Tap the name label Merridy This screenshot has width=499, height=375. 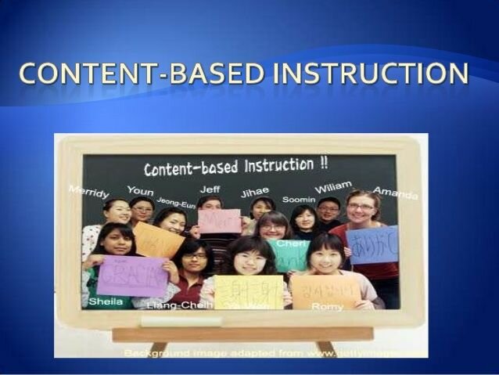coord(89,192)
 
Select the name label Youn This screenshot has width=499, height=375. coord(140,190)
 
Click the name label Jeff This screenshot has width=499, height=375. coord(210,189)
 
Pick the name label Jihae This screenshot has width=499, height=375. coord(255,192)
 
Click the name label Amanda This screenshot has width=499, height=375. coord(395,193)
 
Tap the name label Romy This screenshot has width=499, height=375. coord(327,307)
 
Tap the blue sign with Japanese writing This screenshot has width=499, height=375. coord(372,245)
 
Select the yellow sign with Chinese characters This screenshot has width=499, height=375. coord(248,292)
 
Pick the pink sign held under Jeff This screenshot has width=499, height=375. coord(219,222)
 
